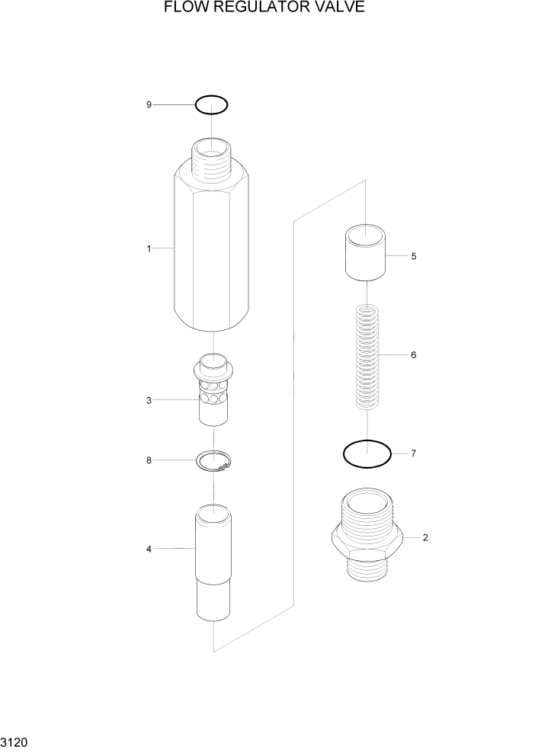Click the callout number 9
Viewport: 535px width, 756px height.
point(149,104)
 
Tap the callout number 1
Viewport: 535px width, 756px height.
point(149,248)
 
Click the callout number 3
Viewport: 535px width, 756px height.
point(149,400)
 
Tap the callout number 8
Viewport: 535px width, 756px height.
point(149,460)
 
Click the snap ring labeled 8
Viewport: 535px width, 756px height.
point(214,462)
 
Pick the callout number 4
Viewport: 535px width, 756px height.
point(149,549)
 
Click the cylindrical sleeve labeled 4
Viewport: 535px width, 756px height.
point(213,564)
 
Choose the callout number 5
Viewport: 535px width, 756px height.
point(413,256)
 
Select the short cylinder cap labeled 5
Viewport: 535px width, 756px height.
point(366,254)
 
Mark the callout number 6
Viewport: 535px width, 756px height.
point(413,355)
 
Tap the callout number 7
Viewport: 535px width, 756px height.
point(413,454)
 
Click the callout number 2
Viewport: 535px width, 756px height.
point(424,537)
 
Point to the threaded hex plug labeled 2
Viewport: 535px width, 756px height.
point(367,537)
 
